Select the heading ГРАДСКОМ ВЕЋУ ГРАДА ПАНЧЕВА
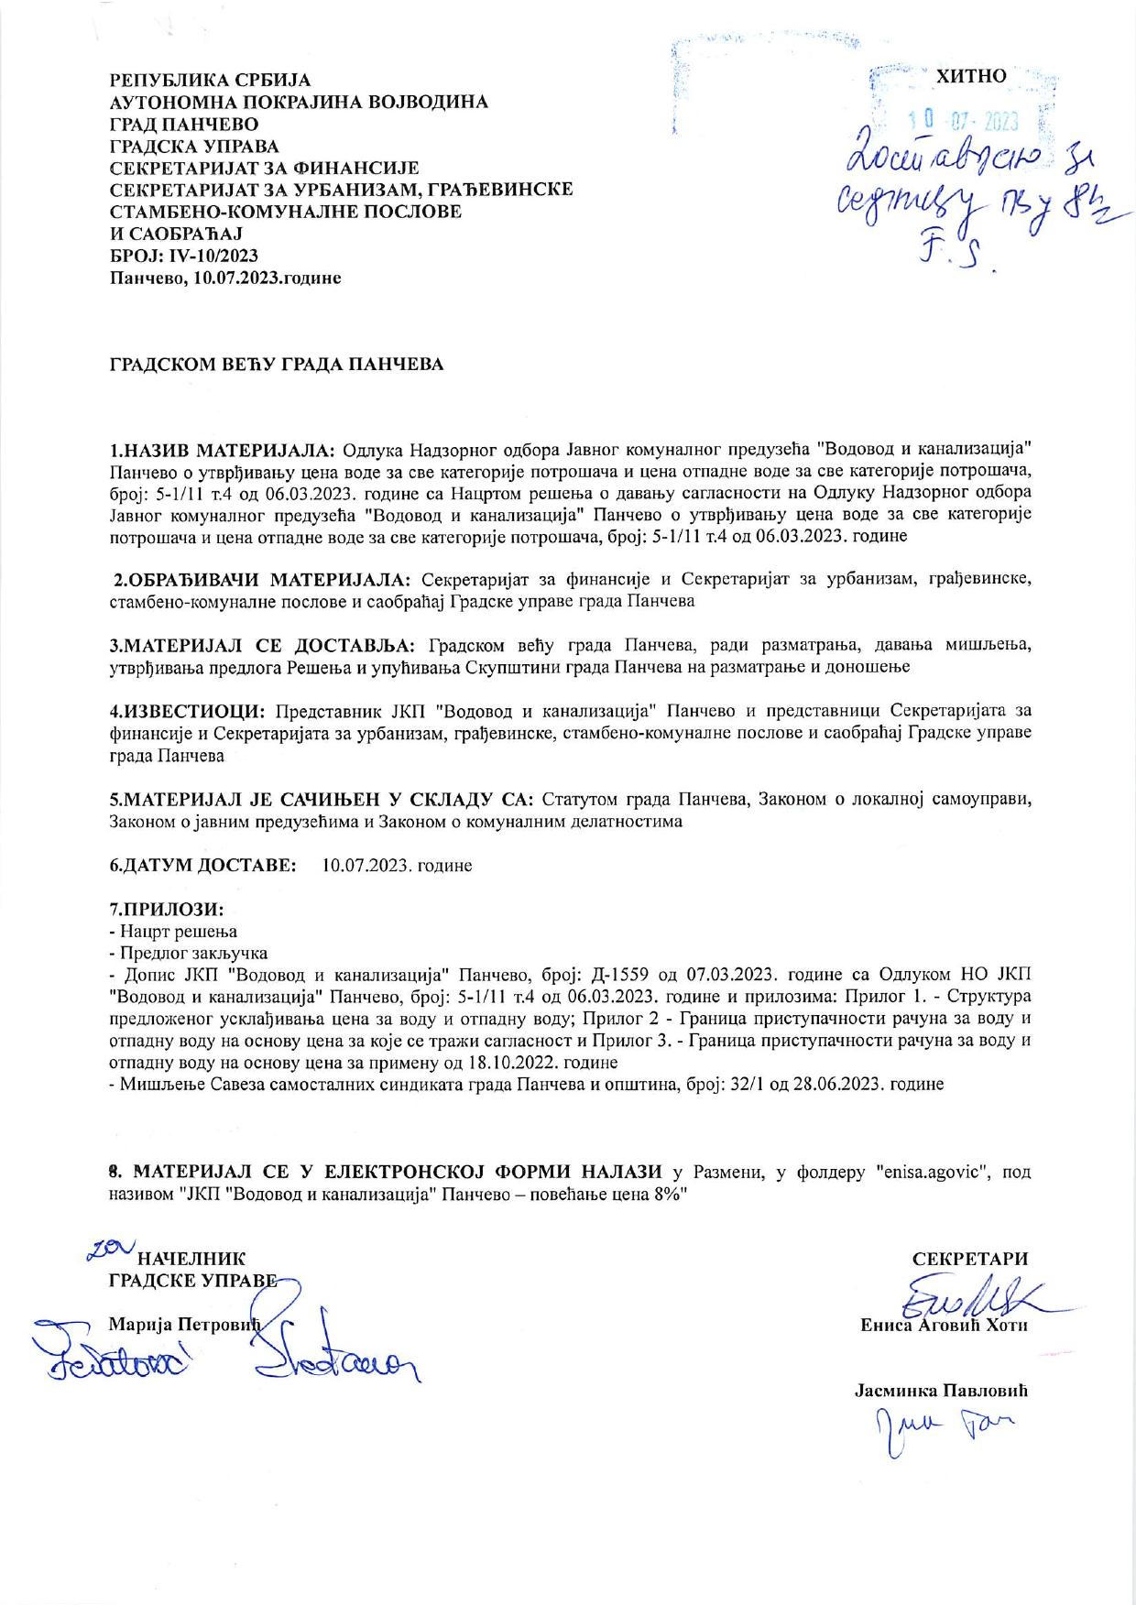tap(277, 365)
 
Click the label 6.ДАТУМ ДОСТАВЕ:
tap(202, 865)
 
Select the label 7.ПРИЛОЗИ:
tap(167, 910)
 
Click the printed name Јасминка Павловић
tap(941, 1390)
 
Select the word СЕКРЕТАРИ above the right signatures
tap(969, 1259)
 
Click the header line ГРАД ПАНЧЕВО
tap(183, 124)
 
